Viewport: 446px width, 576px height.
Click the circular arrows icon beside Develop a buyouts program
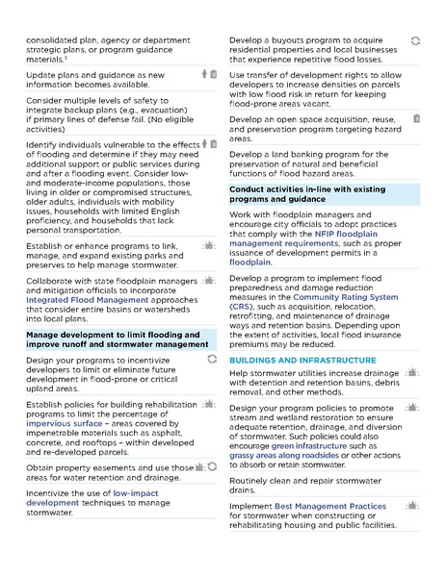pos(415,41)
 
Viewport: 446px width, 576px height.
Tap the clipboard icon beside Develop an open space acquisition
pos(415,118)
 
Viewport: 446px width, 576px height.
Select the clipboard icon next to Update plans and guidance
pos(213,74)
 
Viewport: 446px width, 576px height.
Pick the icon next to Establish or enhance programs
pos(208,246)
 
